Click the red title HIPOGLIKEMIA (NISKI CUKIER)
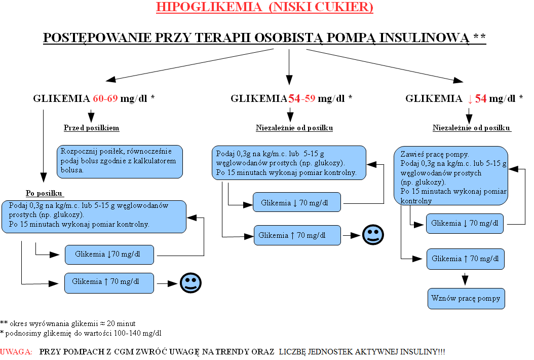pyautogui.click(x=264, y=7)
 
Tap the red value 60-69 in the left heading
pyautogui.click(x=105, y=98)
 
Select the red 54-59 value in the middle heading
pyautogui.click(x=302, y=98)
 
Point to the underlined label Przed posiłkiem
pyautogui.click(x=91, y=128)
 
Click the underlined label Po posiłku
pyautogui.click(x=44, y=193)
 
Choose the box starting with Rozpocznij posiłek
pyautogui.click(x=120, y=162)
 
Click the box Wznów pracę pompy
pyautogui.click(x=466, y=299)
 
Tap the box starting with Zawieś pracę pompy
pyautogui.click(x=451, y=176)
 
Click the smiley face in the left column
pyautogui.click(x=190, y=283)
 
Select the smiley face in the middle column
pyautogui.click(x=373, y=235)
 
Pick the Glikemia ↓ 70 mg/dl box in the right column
pyautogui.click(x=465, y=223)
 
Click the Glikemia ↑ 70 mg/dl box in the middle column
pyautogui.click(x=297, y=235)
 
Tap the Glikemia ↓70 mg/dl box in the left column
pyautogui.click(x=109, y=255)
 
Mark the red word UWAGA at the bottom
pyautogui.click(x=16, y=352)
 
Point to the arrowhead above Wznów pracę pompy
pyautogui.click(x=465, y=280)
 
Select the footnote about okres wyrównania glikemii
pyautogui.click(x=68, y=323)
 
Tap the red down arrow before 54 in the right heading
pyautogui.click(x=470, y=99)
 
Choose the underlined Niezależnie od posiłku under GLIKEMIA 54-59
pyautogui.click(x=294, y=128)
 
